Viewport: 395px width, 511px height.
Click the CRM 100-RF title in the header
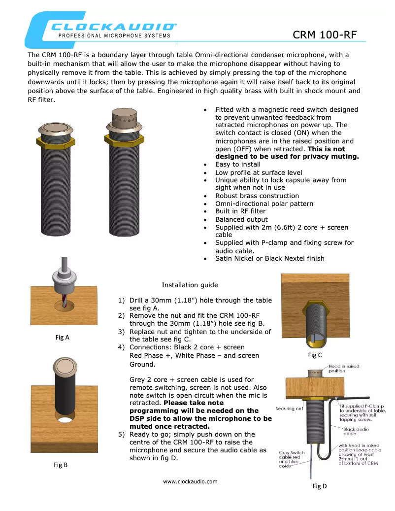324,34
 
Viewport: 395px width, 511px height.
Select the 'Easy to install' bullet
238,164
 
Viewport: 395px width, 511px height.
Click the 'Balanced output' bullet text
241,219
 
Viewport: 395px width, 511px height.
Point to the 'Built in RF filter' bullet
240,211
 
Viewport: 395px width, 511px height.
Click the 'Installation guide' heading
190,285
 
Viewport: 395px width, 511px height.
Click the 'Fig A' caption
62,338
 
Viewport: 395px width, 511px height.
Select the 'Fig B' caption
61,465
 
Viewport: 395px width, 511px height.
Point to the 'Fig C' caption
315,355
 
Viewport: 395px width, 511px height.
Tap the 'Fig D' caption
320,486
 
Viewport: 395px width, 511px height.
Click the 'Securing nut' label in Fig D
288,409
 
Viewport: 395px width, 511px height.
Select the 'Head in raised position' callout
343,368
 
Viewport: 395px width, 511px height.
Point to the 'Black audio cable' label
356,431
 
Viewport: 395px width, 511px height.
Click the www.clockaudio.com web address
190,481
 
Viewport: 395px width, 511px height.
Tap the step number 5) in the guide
121,434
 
